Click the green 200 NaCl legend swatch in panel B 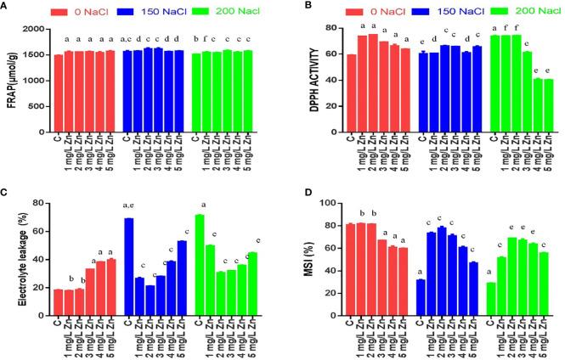[472, 12]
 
